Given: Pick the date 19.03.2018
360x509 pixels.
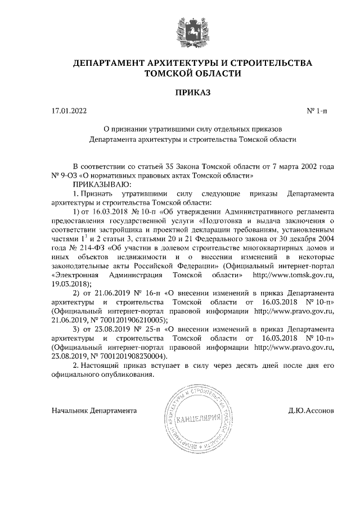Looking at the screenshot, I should (x=70, y=284).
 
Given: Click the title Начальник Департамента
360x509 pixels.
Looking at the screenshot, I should (x=94, y=411).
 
